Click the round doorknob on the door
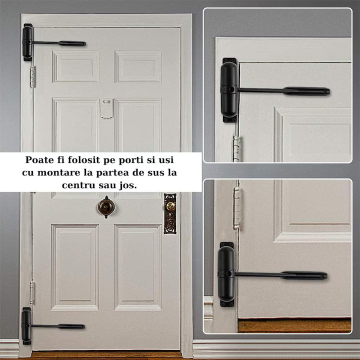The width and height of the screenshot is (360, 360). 106,206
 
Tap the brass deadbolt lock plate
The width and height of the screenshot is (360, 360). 170,213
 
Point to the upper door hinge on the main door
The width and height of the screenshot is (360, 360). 33,76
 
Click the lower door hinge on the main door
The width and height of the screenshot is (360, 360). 32,292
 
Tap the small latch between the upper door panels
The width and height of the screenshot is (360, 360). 106,109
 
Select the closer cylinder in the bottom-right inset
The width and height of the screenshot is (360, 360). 227,274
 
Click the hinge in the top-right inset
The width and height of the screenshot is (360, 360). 237,148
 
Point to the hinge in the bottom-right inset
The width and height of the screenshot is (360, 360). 237,207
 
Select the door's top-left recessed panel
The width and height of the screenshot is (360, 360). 75,66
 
